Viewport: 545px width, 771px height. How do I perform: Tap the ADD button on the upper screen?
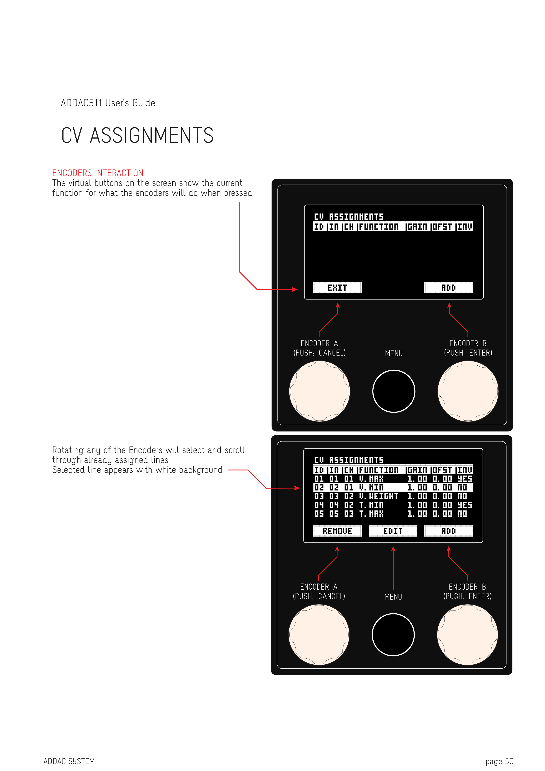448,288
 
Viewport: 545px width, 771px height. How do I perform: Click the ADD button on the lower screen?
448,531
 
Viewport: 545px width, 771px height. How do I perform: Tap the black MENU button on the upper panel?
394,391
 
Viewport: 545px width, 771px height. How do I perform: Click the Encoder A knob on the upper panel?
320,391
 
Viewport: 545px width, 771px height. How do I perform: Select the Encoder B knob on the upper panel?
468,391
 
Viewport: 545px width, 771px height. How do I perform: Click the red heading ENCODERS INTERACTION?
98,173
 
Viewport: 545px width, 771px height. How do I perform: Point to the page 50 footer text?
499,761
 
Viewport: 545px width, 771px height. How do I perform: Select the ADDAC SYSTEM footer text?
69,761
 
